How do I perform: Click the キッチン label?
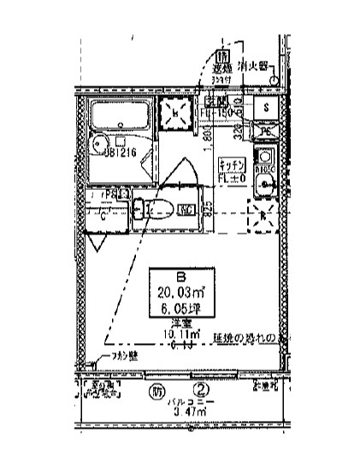click(x=233, y=164)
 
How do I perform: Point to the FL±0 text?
click(x=233, y=178)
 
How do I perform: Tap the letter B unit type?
click(x=180, y=276)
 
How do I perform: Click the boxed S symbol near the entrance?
click(x=268, y=108)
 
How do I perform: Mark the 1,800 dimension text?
click(x=207, y=137)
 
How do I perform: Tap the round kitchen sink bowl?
click(x=266, y=183)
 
